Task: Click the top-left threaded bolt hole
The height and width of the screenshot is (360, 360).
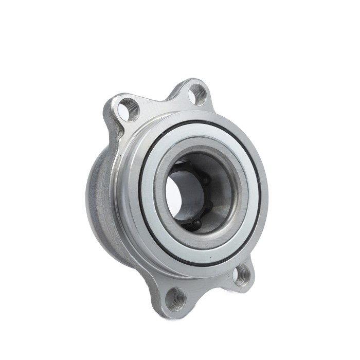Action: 128,109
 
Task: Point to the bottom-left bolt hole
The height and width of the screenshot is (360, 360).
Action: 176,298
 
